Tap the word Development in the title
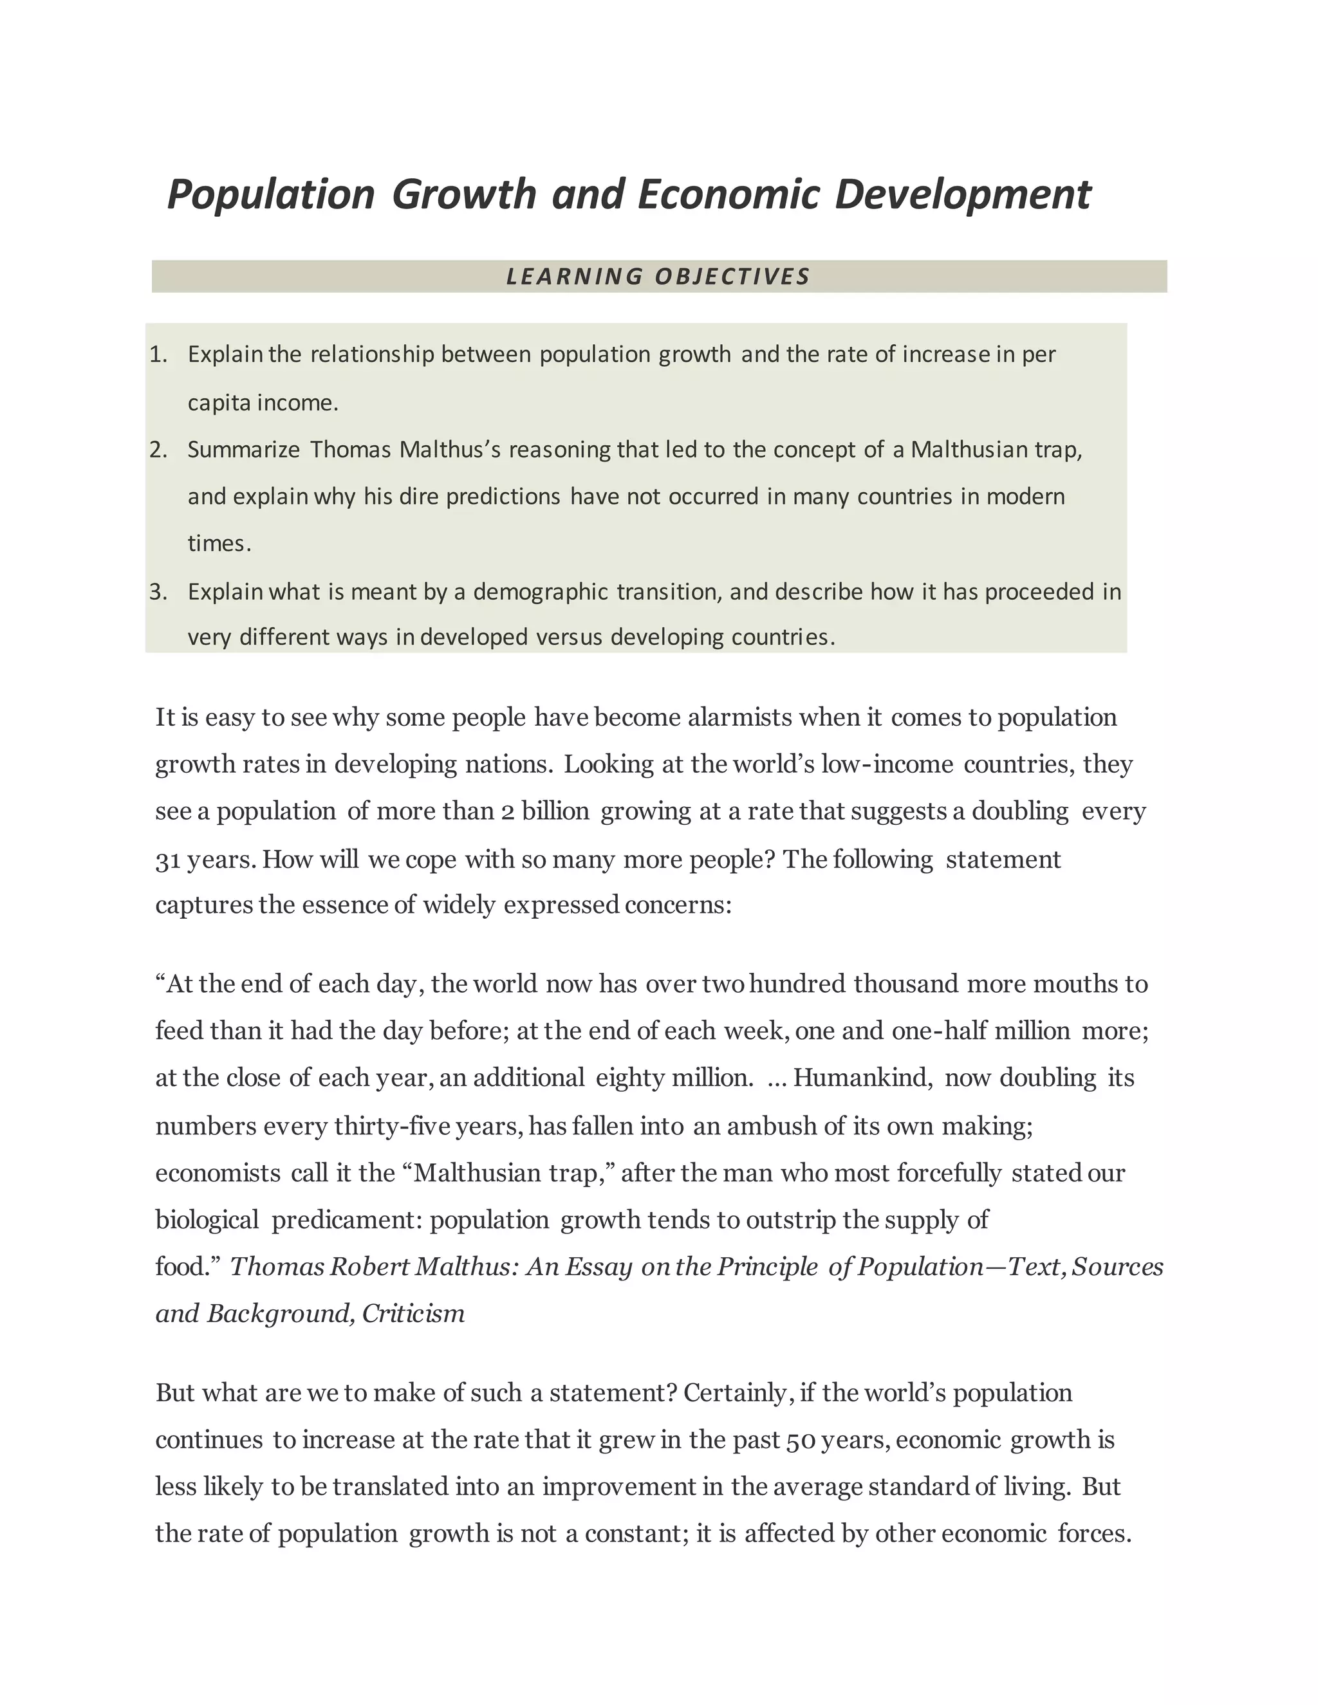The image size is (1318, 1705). pos(962,194)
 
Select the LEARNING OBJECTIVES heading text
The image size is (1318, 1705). pos(658,277)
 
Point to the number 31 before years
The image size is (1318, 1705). pos(168,860)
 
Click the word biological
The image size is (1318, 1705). pos(207,1219)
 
